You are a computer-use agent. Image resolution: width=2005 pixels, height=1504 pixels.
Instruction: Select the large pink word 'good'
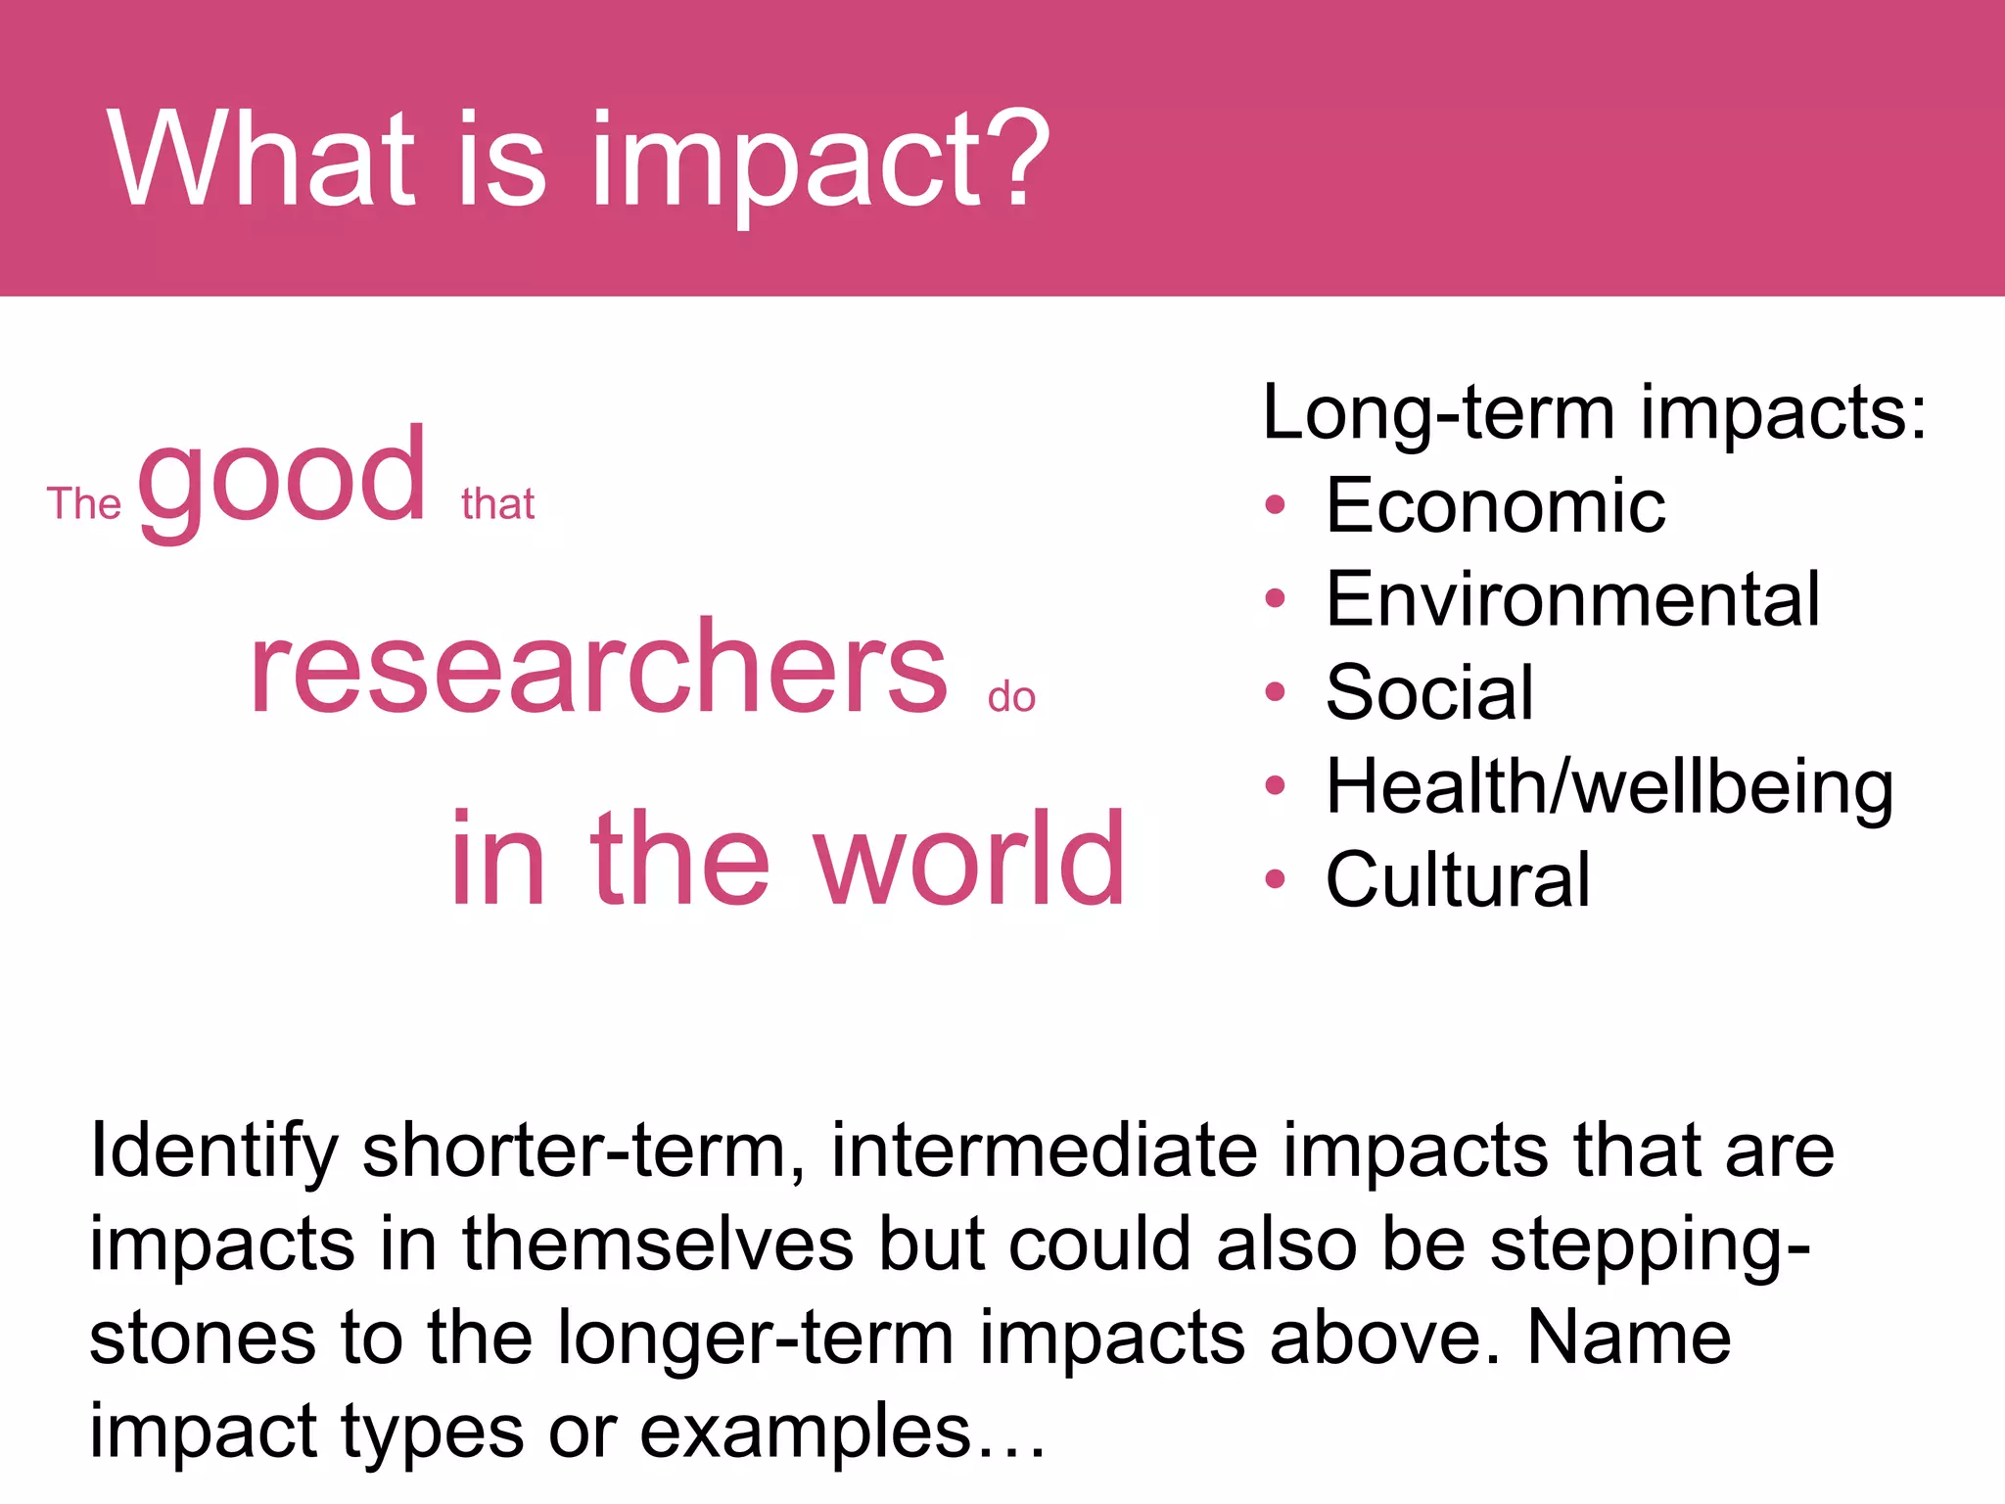[x=282, y=482]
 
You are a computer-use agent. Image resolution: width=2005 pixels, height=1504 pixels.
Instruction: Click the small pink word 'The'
[x=84, y=504]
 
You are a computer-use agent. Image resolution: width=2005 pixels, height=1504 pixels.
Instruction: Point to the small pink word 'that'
[x=497, y=504]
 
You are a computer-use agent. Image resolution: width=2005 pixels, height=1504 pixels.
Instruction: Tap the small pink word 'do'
[x=1011, y=697]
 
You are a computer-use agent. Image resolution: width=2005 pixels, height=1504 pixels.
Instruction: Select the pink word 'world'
[x=969, y=860]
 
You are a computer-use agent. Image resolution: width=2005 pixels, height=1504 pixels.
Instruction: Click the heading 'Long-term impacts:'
[x=1594, y=413]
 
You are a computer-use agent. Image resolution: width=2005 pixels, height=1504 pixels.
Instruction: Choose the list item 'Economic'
[x=1495, y=506]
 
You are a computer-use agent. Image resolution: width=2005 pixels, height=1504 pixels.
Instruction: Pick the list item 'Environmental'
[x=1572, y=599]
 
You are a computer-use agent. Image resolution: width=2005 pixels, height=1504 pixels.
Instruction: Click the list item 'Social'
[x=1429, y=692]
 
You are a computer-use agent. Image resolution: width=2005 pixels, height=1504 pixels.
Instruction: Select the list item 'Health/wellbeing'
[x=1609, y=786]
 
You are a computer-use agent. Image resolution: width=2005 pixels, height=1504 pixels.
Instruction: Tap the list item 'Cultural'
[x=1457, y=879]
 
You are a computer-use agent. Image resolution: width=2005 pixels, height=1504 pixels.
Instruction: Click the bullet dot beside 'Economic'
[x=1274, y=505]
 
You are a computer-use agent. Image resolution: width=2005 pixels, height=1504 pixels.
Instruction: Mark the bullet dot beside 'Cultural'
[x=1274, y=878]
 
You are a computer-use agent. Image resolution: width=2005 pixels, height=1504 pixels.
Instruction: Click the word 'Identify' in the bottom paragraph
[x=213, y=1151]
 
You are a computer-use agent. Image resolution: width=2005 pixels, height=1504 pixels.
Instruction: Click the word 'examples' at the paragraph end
[x=805, y=1432]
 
